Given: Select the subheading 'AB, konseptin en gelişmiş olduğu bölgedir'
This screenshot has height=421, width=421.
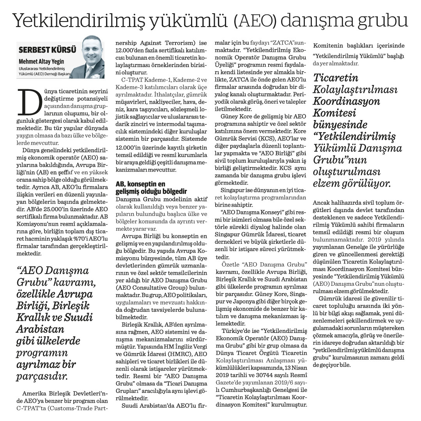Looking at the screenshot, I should coord(146,187).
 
